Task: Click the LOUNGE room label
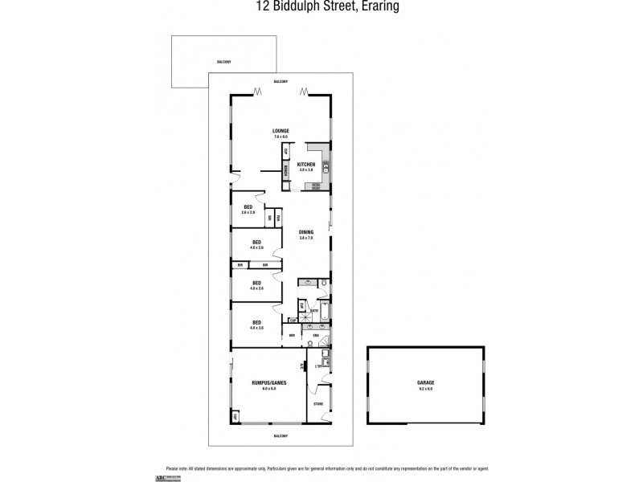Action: [x=280, y=131]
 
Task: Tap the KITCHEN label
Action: [x=306, y=165]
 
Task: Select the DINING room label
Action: [x=306, y=232]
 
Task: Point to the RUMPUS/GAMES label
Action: [x=268, y=383]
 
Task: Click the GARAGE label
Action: [x=427, y=383]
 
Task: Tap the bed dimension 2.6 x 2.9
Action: [x=248, y=212]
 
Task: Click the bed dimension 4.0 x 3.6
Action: [x=257, y=328]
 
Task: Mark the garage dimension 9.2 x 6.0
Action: [x=427, y=390]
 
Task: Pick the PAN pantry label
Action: [x=279, y=218]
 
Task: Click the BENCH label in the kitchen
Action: [x=285, y=170]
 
